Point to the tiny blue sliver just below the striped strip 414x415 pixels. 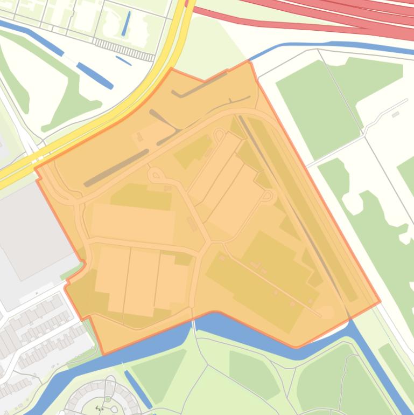123,60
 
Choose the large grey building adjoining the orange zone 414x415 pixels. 32,226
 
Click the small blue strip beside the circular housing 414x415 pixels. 138,388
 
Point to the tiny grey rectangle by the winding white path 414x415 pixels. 396,114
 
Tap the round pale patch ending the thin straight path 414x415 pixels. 326,312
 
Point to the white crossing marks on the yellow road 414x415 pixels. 37,159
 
